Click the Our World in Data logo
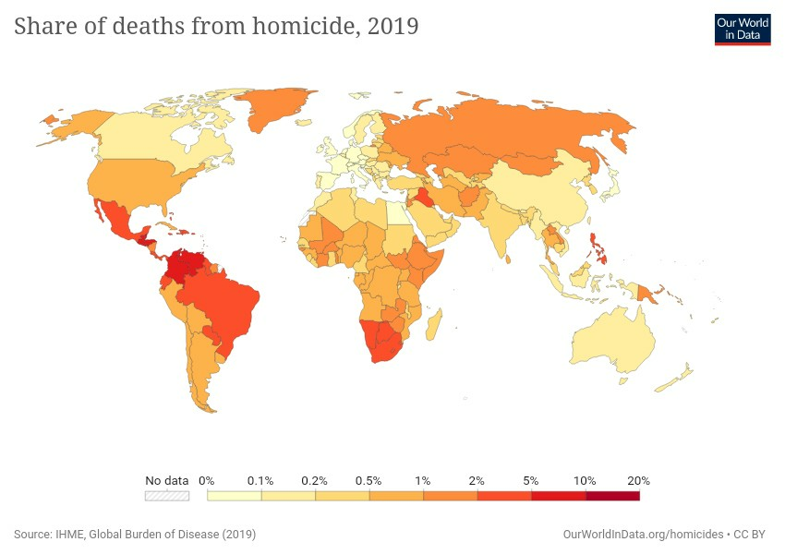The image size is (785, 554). tap(743, 30)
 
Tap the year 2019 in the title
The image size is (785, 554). tap(392, 27)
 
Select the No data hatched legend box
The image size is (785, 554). tap(167, 496)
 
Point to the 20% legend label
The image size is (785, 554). tap(638, 481)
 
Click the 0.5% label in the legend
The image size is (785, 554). tap(369, 481)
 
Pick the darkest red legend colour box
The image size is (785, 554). tap(612, 496)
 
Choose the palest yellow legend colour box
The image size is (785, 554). tap(235, 496)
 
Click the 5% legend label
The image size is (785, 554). tap(531, 481)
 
